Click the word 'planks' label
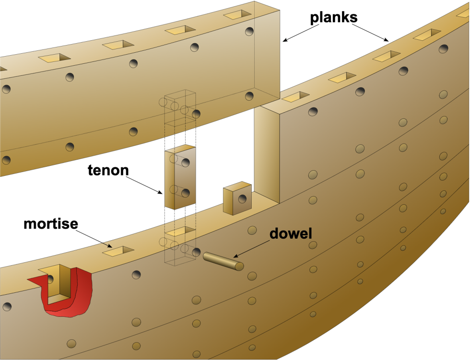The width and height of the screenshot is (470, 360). [x=334, y=18]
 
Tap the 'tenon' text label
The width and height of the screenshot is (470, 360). [x=108, y=171]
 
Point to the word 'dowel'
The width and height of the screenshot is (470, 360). [x=291, y=234]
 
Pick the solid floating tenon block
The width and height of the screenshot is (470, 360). [x=180, y=177]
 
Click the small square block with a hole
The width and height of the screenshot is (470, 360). [x=237, y=198]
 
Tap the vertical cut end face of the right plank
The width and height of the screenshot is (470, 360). [x=266, y=153]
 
